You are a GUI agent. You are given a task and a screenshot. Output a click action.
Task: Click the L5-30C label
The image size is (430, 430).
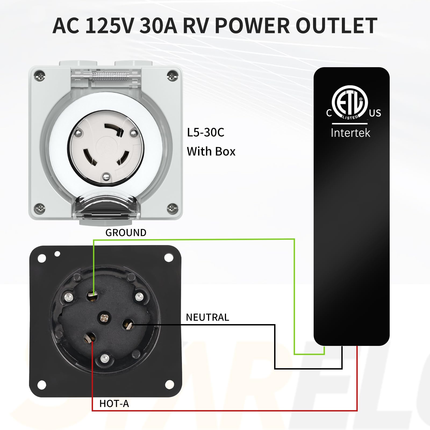(x=206, y=132)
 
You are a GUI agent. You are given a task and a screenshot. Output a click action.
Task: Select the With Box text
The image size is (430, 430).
(x=211, y=152)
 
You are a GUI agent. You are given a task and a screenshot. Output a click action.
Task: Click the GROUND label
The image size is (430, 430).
(x=126, y=233)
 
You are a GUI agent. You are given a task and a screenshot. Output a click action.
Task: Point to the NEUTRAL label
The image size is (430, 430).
(x=207, y=317)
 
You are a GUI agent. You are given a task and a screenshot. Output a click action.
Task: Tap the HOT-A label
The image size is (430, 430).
(x=114, y=404)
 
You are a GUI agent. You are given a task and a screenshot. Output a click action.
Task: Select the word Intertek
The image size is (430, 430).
(x=350, y=133)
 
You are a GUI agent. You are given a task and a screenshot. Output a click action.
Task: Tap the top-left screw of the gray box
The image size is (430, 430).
(x=40, y=75)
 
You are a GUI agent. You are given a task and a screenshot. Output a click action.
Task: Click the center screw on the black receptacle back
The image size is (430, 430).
(x=104, y=318)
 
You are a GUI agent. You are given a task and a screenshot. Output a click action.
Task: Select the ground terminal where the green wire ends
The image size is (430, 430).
(x=92, y=296)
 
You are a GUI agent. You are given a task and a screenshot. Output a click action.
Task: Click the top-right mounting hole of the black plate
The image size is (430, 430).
(x=169, y=258)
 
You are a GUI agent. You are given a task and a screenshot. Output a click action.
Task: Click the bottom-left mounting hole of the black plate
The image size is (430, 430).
(x=42, y=385)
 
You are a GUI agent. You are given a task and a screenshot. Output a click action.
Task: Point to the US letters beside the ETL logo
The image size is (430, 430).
(x=375, y=113)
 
